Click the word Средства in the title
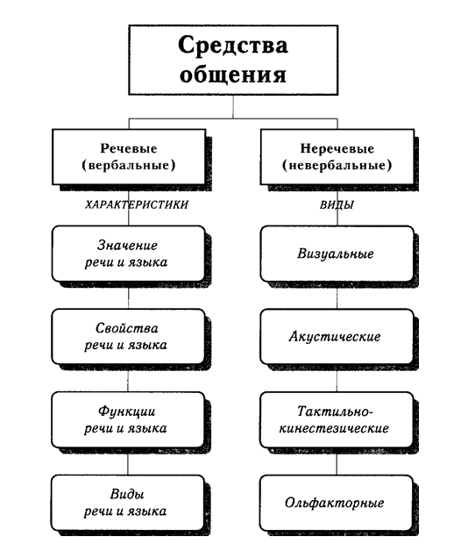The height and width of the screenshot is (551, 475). (232, 45)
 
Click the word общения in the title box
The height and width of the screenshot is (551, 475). (232, 74)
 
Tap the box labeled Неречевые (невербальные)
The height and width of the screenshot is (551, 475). (337, 156)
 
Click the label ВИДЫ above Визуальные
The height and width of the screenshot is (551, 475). (337, 204)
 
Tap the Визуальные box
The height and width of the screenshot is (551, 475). (337, 254)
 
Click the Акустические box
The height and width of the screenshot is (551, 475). (337, 336)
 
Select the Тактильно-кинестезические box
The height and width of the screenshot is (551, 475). (337, 419)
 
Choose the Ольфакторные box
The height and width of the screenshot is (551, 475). (337, 503)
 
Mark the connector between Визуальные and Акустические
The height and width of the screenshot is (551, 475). (337, 296)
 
